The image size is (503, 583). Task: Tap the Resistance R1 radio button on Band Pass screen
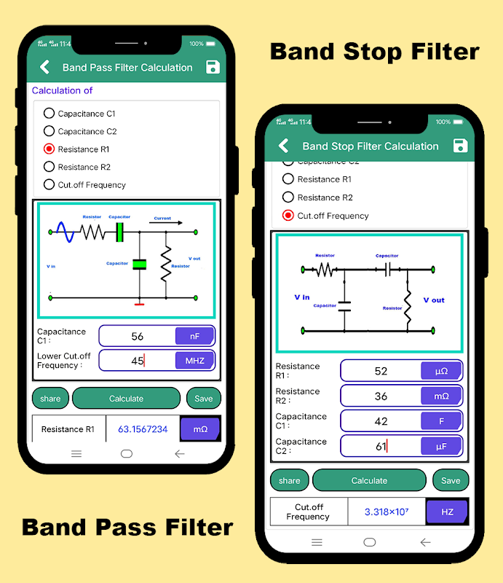pyautogui.click(x=49, y=149)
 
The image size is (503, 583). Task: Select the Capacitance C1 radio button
pyautogui.click(x=49, y=113)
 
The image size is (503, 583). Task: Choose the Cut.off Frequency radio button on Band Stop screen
pyautogui.click(x=288, y=215)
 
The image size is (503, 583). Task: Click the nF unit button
pyautogui.click(x=194, y=336)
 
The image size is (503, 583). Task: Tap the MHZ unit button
pyautogui.click(x=194, y=360)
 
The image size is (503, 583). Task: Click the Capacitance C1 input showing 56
pyautogui.click(x=138, y=336)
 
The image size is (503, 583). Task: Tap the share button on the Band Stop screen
pyautogui.click(x=289, y=480)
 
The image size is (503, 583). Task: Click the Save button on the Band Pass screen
pyautogui.click(x=204, y=399)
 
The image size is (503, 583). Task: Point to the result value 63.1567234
pyautogui.click(x=143, y=429)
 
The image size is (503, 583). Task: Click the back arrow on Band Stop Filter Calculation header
pyautogui.click(x=284, y=146)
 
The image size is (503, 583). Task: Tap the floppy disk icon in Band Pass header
pyautogui.click(x=213, y=67)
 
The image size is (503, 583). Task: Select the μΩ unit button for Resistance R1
pyautogui.click(x=441, y=371)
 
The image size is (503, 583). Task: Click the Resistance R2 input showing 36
pyautogui.click(x=381, y=396)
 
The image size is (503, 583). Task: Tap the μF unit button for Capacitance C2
pyautogui.click(x=441, y=446)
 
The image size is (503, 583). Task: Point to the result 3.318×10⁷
pyautogui.click(x=387, y=512)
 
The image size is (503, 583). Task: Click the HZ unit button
pyautogui.click(x=447, y=512)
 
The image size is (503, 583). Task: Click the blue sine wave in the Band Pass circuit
pyautogui.click(x=63, y=232)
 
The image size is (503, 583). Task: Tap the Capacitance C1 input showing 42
pyautogui.click(x=381, y=421)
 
